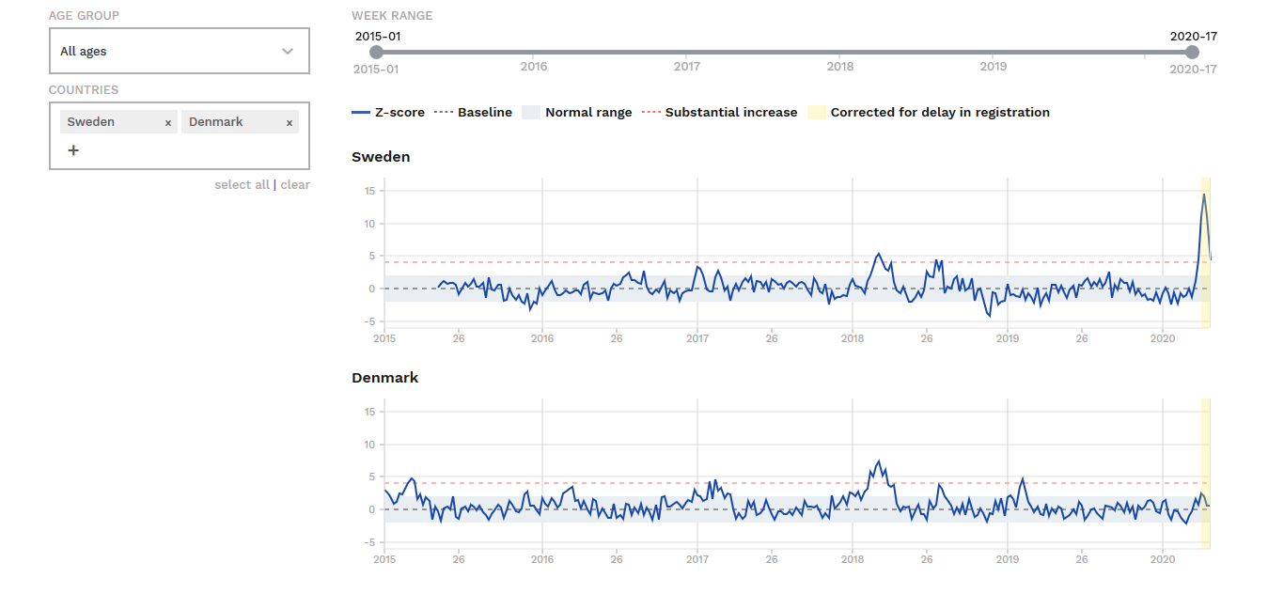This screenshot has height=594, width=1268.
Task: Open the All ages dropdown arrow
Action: tap(288, 52)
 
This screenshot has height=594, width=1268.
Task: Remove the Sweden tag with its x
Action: tap(168, 122)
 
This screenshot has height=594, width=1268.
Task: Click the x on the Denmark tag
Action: tap(290, 122)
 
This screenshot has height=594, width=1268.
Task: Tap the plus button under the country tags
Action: tap(73, 150)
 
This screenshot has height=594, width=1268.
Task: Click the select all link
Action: tap(242, 185)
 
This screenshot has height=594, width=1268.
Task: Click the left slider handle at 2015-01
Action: tap(376, 52)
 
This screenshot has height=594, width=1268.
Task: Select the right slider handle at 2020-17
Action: tap(1193, 52)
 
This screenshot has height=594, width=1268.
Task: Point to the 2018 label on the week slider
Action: tap(839, 67)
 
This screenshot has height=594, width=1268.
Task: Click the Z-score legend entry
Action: tap(388, 112)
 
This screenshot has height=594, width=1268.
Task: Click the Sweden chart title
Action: tap(381, 157)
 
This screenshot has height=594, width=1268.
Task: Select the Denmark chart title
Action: tap(384, 378)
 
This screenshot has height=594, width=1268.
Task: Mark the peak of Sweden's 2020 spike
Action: tap(1204, 194)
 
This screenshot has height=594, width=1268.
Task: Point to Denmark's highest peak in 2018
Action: tap(879, 461)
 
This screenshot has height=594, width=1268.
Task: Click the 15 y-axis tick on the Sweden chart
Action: tap(369, 191)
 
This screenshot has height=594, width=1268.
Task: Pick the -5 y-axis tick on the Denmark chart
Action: tap(369, 542)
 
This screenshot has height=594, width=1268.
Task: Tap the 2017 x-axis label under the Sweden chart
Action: tap(697, 338)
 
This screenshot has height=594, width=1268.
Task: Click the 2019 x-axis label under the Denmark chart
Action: tap(1008, 559)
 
